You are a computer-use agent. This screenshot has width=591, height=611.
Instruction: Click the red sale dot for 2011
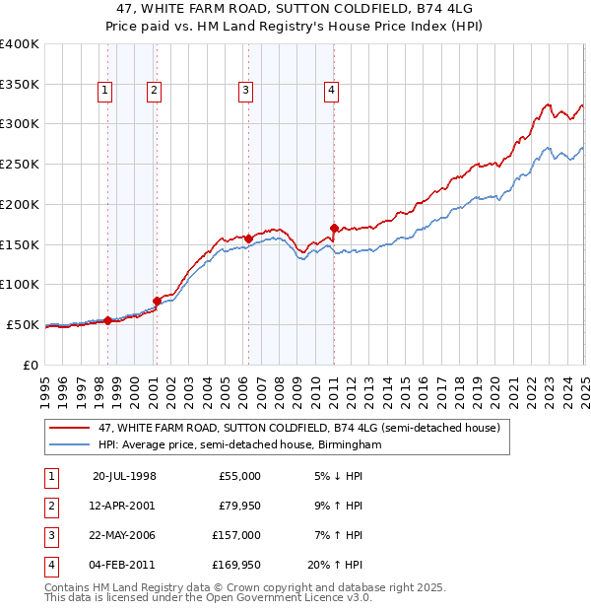coord(334,229)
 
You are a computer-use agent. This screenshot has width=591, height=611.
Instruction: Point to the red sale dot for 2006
coord(249,238)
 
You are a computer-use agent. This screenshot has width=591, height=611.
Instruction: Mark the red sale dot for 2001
coord(157,301)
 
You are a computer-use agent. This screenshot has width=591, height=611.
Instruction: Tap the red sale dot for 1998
coord(107,320)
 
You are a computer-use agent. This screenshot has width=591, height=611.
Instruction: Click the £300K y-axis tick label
coord(20,124)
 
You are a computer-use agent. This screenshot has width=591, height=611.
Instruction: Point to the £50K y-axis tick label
coord(23,324)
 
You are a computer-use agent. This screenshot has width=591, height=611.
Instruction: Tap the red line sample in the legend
coord(70,428)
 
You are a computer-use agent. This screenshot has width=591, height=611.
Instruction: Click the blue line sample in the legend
coord(70,445)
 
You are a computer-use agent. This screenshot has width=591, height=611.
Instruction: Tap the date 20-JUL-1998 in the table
coord(124,475)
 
